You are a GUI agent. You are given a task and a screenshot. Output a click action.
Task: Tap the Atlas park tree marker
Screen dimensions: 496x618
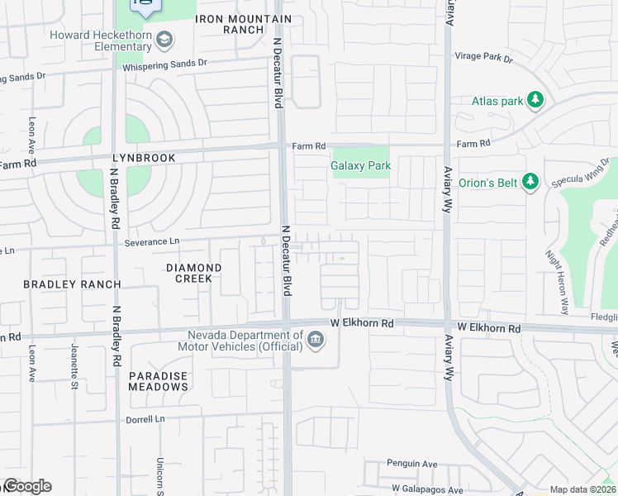tap(535, 101)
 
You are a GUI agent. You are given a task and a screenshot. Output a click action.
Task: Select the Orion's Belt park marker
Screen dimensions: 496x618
tap(530, 181)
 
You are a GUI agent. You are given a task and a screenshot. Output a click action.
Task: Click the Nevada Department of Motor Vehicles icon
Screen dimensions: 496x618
tap(315, 341)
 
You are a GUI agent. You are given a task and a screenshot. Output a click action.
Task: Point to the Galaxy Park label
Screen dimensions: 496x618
tap(360, 165)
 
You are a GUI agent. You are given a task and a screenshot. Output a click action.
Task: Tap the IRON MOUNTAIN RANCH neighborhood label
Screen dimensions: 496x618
tap(244, 24)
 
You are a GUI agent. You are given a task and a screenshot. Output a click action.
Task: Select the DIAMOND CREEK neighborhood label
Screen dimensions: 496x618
tap(194, 273)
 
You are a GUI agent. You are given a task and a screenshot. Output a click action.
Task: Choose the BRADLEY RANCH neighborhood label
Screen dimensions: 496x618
tap(72, 284)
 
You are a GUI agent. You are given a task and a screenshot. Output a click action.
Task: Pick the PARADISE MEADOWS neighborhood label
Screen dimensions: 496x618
tap(159, 381)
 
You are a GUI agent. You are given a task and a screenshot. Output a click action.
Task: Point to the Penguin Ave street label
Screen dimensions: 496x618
tap(412, 465)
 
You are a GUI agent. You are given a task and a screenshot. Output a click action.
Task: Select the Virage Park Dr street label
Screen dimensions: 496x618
tap(484, 59)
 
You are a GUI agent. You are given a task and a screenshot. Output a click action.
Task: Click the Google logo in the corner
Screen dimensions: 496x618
tap(26, 486)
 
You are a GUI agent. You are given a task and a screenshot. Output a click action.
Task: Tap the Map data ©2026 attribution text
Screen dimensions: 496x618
tap(582, 489)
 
